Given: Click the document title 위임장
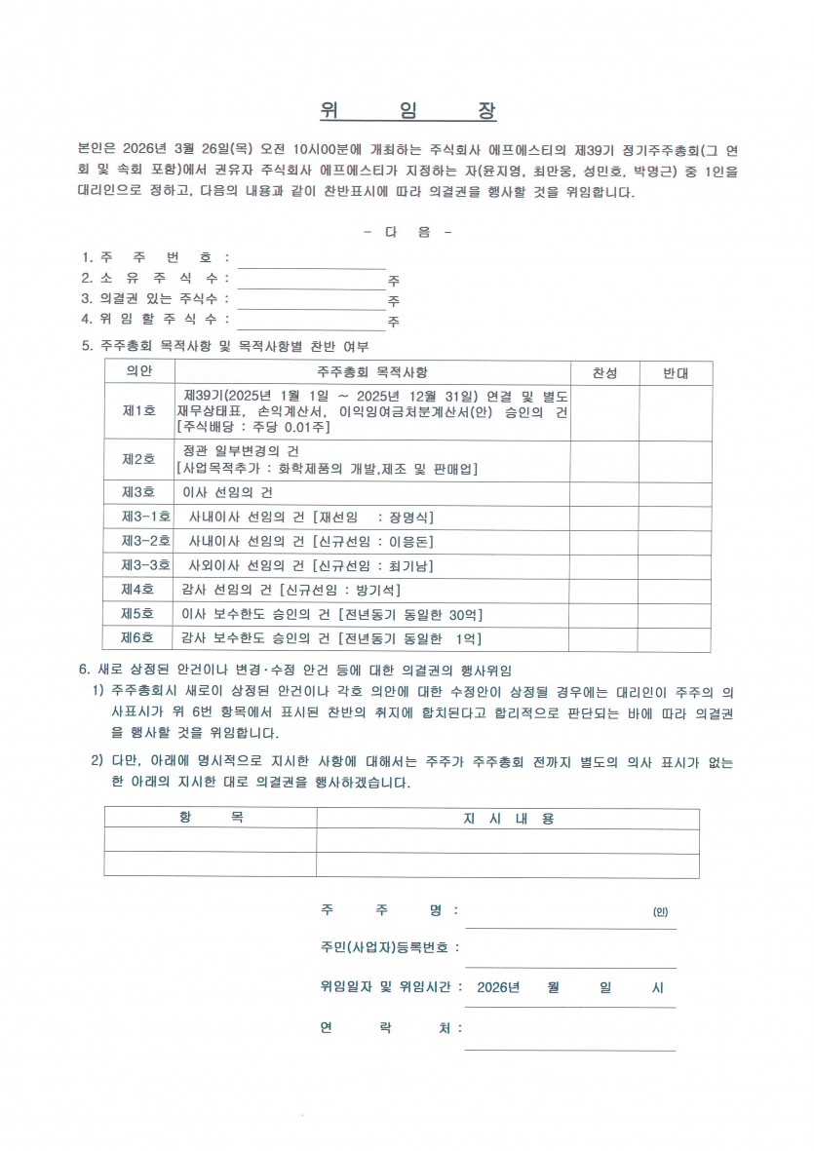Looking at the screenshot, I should pyautogui.click(x=407, y=110).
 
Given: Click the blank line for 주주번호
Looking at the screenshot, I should pyautogui.click(x=312, y=259).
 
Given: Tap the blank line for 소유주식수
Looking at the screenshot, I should pyautogui.click(x=312, y=280).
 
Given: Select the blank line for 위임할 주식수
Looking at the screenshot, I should pyautogui.click(x=312, y=321).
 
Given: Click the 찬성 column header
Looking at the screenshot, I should pyautogui.click(x=604, y=373).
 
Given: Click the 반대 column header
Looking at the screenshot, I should pyautogui.click(x=676, y=373).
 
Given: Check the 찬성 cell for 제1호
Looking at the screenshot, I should pyautogui.click(x=604, y=411).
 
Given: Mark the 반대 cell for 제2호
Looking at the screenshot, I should pyautogui.click(x=676, y=459).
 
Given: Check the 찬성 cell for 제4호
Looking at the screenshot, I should pyautogui.click(x=604, y=590).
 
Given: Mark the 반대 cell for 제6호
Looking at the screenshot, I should pyautogui.click(x=676, y=638).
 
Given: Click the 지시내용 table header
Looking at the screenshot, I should pyautogui.click(x=508, y=819).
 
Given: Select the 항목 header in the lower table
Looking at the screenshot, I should pyautogui.click(x=211, y=819).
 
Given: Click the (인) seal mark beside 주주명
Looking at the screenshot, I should pyautogui.click(x=660, y=912).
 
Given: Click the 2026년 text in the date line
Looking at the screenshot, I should pyautogui.click(x=500, y=987).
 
